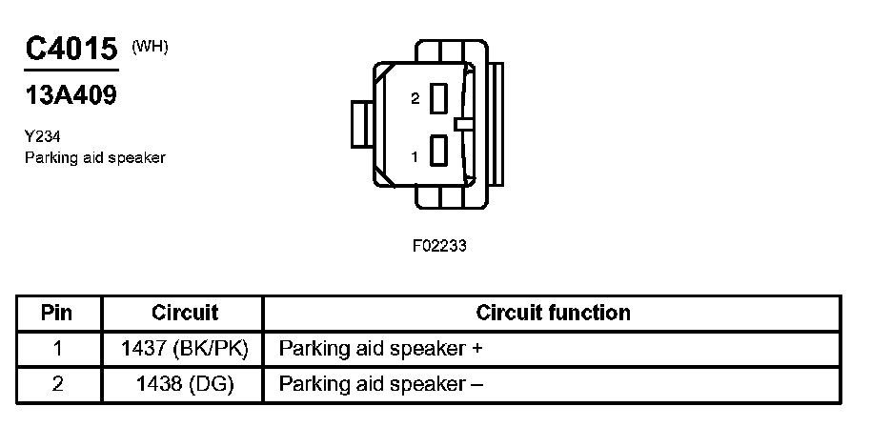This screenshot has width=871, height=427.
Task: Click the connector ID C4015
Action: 71,50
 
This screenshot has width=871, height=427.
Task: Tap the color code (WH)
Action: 150,47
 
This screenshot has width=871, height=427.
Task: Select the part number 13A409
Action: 71,96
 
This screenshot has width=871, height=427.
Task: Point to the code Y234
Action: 43,137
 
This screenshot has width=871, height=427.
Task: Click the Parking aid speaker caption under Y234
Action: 94,157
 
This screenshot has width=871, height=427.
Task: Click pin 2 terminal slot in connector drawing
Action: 439,99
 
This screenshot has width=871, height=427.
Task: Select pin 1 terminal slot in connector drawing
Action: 439,152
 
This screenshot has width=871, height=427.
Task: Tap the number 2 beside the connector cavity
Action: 415,99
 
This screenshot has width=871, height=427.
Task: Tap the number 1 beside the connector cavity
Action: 415,153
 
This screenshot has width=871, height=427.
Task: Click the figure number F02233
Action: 439,245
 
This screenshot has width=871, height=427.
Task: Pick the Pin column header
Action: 58,313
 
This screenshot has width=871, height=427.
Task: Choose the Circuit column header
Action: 185,313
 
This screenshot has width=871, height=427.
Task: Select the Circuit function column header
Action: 553,313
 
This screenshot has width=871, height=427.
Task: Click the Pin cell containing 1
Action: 58,349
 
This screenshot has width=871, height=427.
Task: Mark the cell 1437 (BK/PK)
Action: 185,349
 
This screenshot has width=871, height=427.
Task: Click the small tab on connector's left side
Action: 361,124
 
